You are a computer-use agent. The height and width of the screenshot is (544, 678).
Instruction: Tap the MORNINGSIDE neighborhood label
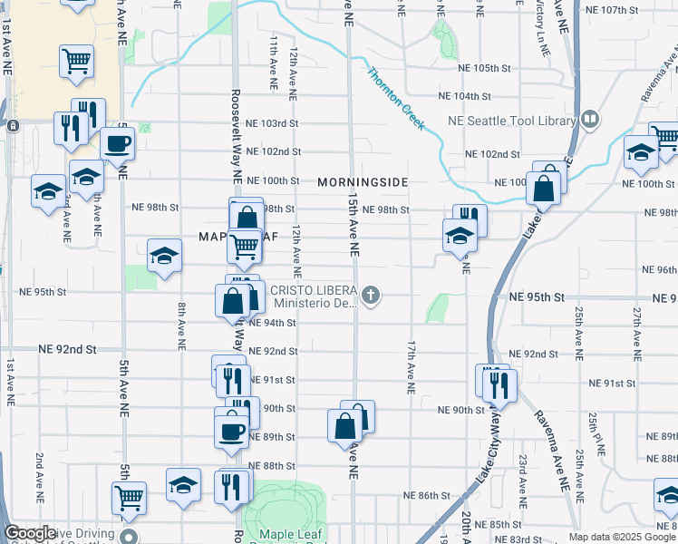[x=363, y=182]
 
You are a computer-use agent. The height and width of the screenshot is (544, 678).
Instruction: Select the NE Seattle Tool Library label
[x=512, y=121]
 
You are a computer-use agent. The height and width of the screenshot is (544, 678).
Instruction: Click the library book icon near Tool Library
[x=590, y=119]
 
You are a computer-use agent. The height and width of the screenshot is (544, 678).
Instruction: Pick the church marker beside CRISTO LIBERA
[x=370, y=295]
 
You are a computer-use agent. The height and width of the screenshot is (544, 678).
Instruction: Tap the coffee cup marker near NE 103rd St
[x=117, y=143]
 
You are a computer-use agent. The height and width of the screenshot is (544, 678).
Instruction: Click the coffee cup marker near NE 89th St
[x=231, y=430]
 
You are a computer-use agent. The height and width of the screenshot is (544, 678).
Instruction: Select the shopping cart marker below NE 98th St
[x=243, y=246]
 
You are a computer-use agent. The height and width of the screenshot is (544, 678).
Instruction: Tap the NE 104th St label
[x=463, y=95]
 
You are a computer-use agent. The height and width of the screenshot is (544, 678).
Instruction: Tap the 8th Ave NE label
[x=182, y=325]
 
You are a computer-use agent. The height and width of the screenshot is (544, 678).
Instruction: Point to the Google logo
[x=31, y=533]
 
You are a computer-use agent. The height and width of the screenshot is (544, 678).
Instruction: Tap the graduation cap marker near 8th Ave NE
[x=164, y=255]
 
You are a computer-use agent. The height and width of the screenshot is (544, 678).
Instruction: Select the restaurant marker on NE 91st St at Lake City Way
[x=499, y=384]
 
